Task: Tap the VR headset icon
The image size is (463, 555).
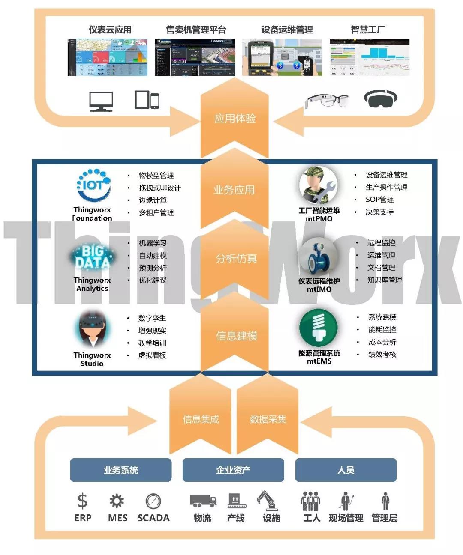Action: (380, 98)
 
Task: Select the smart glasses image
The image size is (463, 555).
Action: (326, 101)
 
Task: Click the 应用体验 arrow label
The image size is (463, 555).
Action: (235, 119)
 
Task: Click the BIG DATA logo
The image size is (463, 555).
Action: (92, 257)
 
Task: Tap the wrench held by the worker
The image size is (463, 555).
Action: (325, 191)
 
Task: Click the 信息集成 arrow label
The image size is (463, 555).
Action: (201, 419)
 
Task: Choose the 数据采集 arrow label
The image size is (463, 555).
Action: (268, 419)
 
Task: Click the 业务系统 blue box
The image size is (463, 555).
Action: (120, 470)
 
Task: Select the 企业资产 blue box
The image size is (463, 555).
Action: (233, 470)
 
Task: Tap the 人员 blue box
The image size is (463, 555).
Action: (346, 470)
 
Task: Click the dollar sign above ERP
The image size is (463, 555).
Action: (82, 501)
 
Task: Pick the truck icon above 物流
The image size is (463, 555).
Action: (203, 501)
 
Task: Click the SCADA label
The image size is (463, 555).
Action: (153, 518)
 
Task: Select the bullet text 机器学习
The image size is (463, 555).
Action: (153, 243)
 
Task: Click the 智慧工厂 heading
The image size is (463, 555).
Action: (368, 30)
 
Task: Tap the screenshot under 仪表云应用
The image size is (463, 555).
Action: (108, 57)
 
